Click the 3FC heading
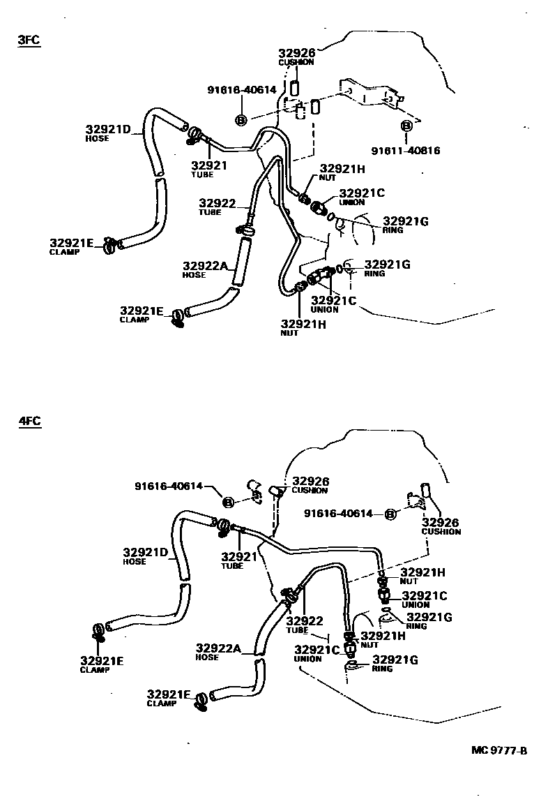29,40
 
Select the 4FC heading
29,421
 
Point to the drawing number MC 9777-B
499,750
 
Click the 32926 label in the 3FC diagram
297,53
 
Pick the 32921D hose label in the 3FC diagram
109,129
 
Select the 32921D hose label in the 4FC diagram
146,553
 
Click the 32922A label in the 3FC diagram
206,265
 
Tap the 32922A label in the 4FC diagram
218,648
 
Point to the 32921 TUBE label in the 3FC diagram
209,165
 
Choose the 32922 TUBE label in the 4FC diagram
305,621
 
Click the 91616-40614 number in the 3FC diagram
242,89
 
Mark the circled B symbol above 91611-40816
406,126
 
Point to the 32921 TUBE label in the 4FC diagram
239,556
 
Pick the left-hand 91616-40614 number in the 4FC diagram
169,486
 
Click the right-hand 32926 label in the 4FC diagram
441,522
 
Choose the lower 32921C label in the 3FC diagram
333,301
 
